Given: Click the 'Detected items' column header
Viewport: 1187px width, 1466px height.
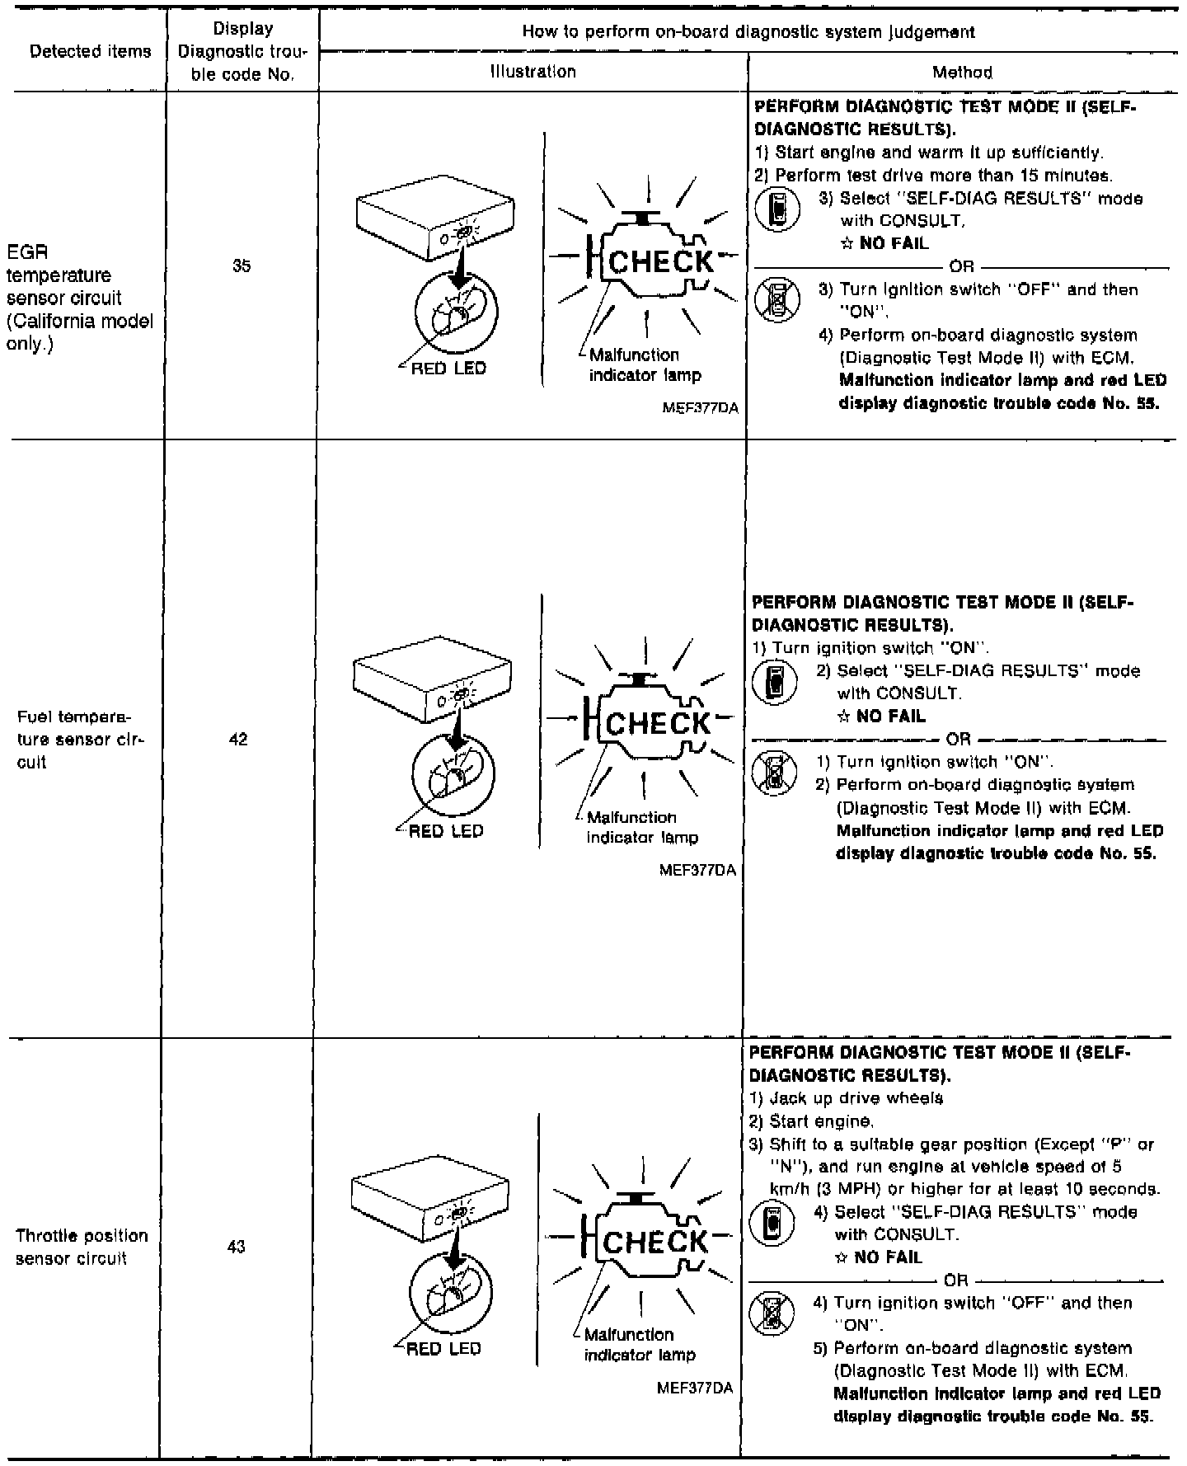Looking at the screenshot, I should (x=90, y=52).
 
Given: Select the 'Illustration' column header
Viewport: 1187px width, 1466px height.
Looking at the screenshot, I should (x=533, y=72).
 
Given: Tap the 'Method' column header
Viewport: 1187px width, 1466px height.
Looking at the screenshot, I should (x=962, y=73).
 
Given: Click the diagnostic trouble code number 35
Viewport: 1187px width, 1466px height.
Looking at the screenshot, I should (x=242, y=266).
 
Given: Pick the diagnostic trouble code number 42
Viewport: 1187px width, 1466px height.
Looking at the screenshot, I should (x=238, y=740).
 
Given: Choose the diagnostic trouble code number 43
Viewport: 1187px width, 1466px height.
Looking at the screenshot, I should (x=237, y=1247).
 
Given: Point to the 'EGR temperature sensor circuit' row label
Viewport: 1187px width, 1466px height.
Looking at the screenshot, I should (x=79, y=298).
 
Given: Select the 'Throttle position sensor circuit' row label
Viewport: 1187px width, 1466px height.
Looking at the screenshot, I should (x=81, y=1247).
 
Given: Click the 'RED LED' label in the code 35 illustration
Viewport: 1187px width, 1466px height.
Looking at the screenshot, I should (x=448, y=369).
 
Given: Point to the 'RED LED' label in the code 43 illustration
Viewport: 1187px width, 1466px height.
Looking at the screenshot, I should (x=443, y=1349).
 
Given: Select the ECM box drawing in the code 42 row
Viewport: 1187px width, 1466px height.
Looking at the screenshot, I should (x=431, y=674).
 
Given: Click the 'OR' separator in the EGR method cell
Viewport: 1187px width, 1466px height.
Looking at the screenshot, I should (x=961, y=266).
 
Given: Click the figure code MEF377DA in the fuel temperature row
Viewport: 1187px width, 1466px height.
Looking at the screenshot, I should (x=697, y=870).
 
